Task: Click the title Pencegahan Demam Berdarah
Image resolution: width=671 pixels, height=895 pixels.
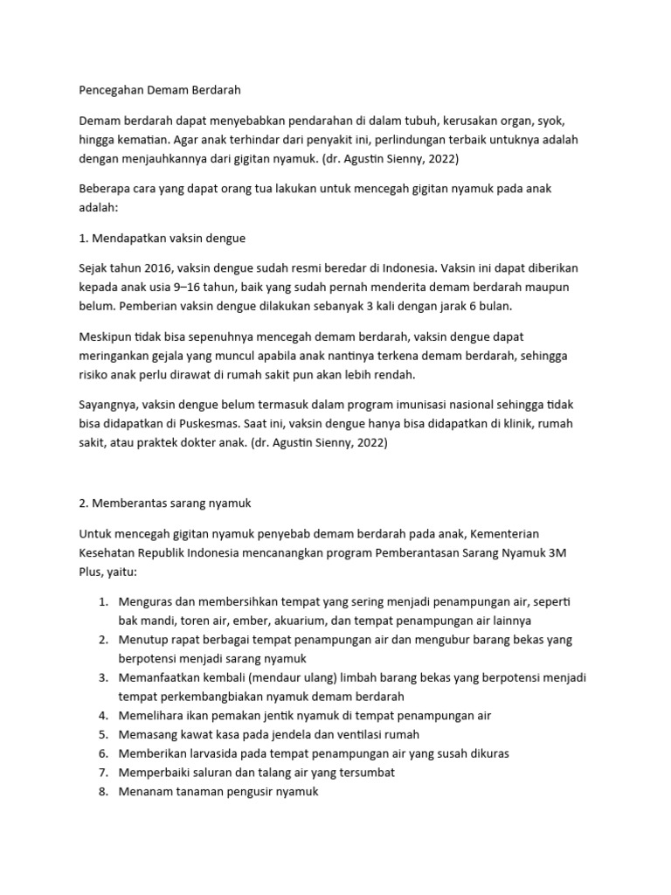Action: coord(159,89)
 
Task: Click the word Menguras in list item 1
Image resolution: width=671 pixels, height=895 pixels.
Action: coord(146,603)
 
